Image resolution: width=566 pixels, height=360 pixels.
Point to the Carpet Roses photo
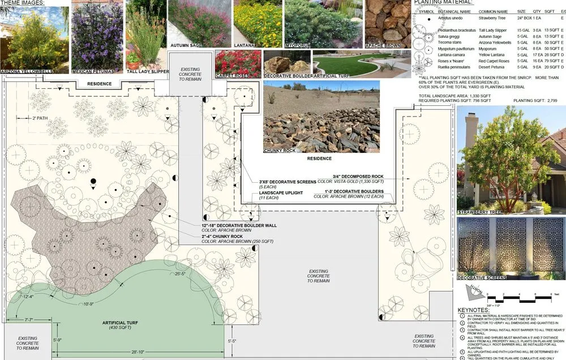tap(238, 62)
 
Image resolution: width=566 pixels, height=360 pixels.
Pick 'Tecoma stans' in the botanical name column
tap(450, 42)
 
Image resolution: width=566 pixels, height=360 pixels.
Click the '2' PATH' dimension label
tap(38, 118)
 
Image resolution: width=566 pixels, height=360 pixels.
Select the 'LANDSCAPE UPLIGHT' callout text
tap(281, 193)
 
